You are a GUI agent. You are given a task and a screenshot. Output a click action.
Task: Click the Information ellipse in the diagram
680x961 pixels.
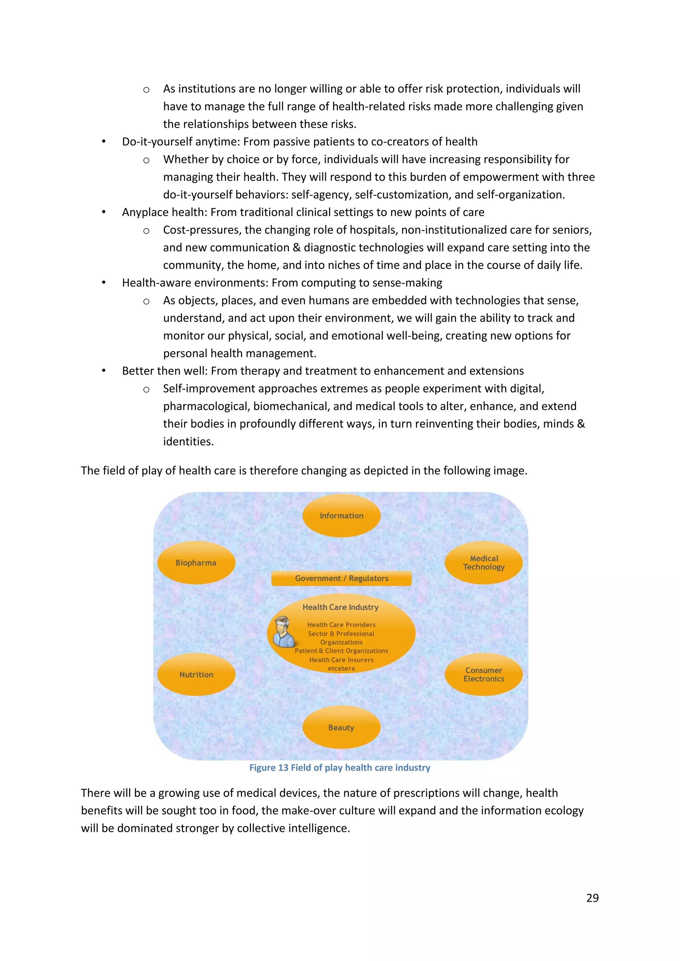341,516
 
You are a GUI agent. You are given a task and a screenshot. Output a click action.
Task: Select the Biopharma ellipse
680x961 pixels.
196,562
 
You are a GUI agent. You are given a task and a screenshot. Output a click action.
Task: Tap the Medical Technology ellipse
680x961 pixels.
484,562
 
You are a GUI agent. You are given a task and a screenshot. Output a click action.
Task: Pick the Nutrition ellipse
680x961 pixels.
196,674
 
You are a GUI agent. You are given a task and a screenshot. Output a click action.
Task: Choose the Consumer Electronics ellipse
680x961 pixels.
484,674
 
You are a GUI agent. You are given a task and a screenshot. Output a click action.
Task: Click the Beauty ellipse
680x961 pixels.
341,727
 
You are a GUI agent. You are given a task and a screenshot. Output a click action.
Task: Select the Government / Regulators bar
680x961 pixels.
341,578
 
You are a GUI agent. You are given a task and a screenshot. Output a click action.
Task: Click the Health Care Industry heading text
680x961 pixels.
340,607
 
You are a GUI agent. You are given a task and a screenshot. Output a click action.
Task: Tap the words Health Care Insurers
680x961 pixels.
341,660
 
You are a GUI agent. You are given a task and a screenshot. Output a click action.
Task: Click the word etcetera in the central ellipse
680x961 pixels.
341,668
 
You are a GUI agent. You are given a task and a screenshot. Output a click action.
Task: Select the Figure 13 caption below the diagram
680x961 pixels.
340,768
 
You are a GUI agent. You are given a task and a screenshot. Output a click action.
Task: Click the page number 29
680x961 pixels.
592,898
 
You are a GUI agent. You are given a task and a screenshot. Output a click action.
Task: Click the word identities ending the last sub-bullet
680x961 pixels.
188,442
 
